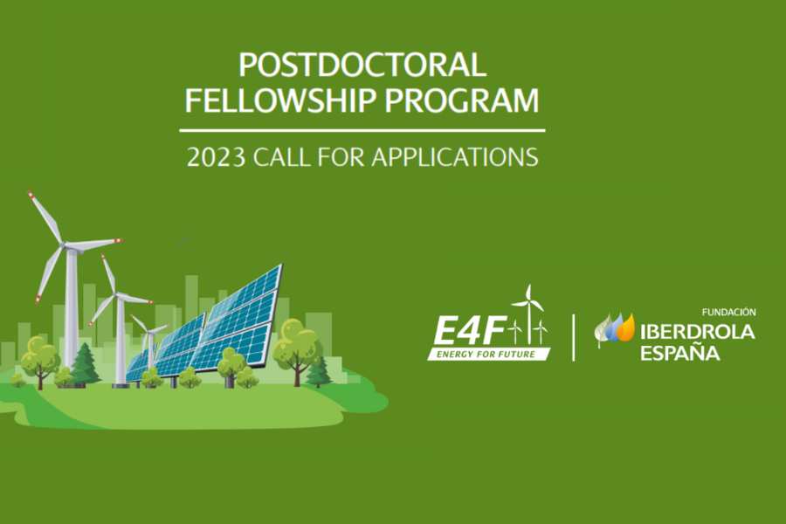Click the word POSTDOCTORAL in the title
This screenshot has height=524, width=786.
[362, 65]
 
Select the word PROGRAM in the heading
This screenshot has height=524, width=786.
[462, 100]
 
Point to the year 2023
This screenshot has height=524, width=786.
[216, 157]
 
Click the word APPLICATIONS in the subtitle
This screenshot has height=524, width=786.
[455, 157]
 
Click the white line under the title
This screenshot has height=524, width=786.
[362, 130]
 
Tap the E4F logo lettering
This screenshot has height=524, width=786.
[470, 332]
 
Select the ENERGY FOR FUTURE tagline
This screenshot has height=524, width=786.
[486, 355]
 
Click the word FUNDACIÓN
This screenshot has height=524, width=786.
[729, 313]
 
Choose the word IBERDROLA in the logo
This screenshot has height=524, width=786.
[697, 332]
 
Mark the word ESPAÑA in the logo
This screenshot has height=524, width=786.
[680, 353]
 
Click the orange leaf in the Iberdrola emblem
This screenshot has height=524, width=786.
[626, 328]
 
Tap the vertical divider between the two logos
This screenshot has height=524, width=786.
[574, 337]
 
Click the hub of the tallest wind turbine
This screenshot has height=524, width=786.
[64, 245]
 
